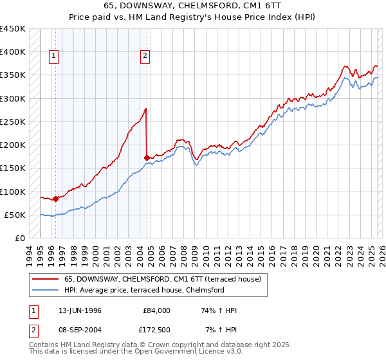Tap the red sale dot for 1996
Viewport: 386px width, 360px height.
[x=56, y=199]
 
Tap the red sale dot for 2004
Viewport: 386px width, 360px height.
[x=147, y=157]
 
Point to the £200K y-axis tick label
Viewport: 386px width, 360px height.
[x=12, y=145]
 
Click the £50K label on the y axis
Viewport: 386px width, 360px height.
[x=15, y=215]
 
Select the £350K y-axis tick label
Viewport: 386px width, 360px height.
[x=12, y=75]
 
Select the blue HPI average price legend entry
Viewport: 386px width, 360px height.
[x=143, y=291]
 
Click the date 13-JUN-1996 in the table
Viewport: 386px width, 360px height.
[x=80, y=310]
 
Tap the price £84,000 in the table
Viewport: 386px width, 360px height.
[x=157, y=310]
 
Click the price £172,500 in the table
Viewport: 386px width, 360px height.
[x=157, y=329]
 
